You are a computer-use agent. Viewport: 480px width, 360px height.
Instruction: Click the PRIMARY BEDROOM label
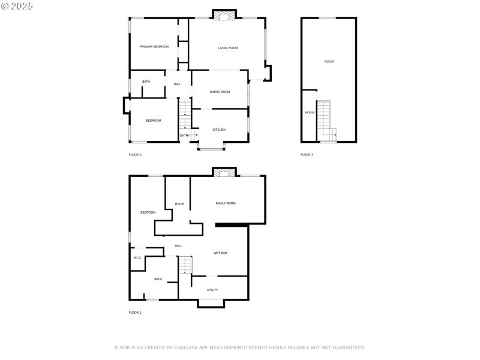[154, 47]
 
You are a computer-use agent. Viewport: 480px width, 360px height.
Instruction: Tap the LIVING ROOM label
[227, 48]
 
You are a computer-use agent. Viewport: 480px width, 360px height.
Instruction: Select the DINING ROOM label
[220, 92]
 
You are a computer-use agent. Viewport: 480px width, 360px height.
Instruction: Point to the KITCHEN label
[219, 130]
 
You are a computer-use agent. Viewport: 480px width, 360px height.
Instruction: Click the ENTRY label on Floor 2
[185, 136]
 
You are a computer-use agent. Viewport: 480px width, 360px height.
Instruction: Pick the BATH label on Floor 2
[146, 82]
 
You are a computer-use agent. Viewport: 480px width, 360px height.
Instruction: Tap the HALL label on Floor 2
[178, 84]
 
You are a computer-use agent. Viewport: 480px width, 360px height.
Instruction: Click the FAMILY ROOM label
[226, 203]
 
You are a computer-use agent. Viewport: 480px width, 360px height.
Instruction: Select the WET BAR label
[220, 253]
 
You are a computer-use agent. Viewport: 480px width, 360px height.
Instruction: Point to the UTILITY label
[212, 290]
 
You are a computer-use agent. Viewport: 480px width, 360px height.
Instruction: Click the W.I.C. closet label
[137, 258]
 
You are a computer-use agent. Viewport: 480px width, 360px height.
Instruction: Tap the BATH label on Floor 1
[158, 279]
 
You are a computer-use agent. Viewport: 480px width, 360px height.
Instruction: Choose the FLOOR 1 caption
[135, 313]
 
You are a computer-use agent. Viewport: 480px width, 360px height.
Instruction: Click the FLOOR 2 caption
[135, 155]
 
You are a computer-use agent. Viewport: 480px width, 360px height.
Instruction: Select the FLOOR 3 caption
[307, 155]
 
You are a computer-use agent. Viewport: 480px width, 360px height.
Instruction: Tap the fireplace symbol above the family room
[224, 173]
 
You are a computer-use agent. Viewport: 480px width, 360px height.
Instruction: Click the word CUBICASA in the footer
[185, 347]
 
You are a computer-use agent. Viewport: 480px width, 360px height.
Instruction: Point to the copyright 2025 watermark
[17, 5]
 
